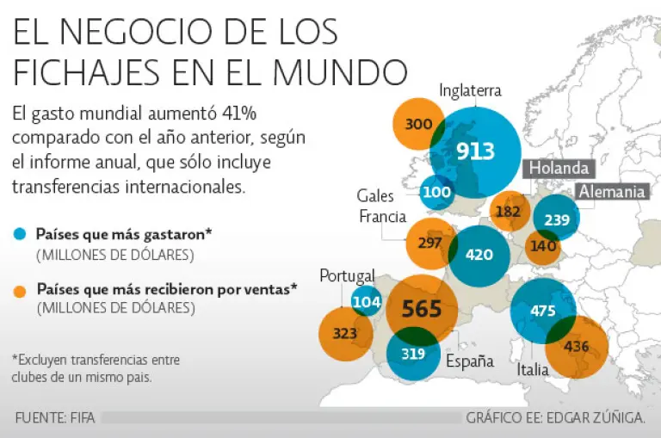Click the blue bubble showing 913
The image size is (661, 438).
[475, 152]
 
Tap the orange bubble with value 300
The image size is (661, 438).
[418, 125]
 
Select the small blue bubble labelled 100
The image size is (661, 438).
[437, 192]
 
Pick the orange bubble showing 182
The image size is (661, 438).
[509, 211]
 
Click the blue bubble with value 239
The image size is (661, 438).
[556, 219]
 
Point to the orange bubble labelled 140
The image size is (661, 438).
[543, 246]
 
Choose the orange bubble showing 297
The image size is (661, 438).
[430, 244]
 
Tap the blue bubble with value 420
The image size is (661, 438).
[479, 255]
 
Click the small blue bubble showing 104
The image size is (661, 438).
[367, 301]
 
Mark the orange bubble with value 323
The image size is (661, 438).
[345, 334]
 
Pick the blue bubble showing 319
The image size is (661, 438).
[413, 353]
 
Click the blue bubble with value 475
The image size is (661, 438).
[543, 312]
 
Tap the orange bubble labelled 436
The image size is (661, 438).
[577, 347]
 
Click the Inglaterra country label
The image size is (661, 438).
[469, 90]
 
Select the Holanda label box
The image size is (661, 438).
[558, 169]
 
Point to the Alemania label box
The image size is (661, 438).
[612, 192]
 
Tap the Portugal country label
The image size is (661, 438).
[347, 276]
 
